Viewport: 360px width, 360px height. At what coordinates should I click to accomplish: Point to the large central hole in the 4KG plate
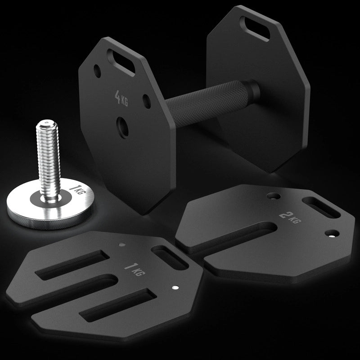coord(122,126)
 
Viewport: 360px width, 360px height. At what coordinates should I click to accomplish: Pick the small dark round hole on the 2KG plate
coord(271,197)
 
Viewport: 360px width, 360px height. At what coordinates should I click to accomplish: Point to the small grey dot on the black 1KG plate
coord(122,245)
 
